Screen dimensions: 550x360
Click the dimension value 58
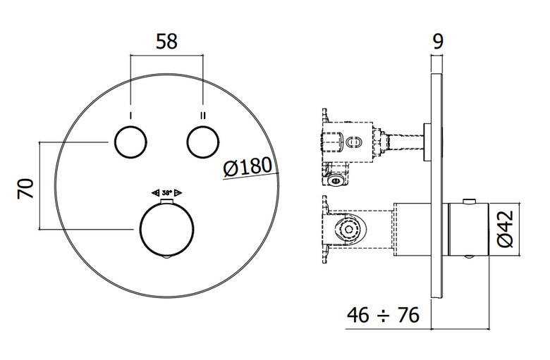(x=166, y=42)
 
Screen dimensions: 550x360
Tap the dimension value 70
(x=25, y=189)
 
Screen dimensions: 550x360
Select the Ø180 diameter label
(x=248, y=166)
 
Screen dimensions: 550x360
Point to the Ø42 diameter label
(x=506, y=229)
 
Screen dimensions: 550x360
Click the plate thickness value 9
(x=438, y=42)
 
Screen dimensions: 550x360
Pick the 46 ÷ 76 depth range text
(x=383, y=315)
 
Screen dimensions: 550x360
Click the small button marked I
(x=130, y=142)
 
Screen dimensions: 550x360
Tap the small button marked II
(x=203, y=142)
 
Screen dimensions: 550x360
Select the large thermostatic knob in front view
(x=166, y=229)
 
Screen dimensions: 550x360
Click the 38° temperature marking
(x=167, y=192)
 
